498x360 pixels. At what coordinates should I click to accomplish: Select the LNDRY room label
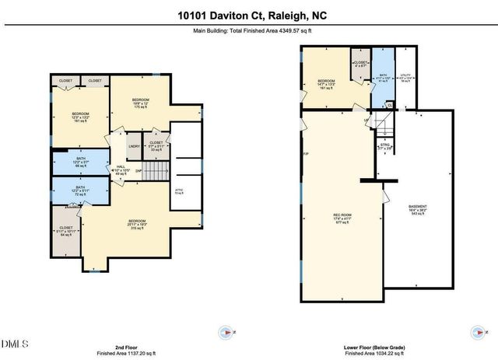(134, 145)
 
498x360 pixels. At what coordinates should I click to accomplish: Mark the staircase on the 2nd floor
(158, 170)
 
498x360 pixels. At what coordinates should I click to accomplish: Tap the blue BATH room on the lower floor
(381, 78)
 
